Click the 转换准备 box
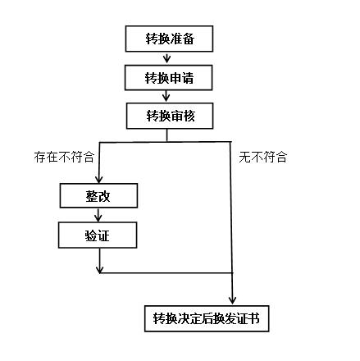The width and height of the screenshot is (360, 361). [x=169, y=39]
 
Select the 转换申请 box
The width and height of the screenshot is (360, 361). [x=168, y=78]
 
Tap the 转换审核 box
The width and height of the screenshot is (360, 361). [x=170, y=116]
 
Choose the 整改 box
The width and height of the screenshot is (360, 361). [x=98, y=195]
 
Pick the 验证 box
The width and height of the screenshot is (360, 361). [x=98, y=235]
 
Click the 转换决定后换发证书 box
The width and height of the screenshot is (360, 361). [x=207, y=318]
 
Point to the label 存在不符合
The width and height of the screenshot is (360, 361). [x=64, y=158]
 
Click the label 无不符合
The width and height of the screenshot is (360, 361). [x=263, y=158]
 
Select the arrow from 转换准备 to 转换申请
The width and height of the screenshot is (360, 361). [x=166, y=58]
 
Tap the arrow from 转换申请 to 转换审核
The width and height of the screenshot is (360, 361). [x=166, y=97]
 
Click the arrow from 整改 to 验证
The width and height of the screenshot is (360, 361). [x=98, y=215]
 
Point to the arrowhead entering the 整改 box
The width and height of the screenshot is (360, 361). [x=98, y=180]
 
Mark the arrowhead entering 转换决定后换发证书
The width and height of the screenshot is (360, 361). [x=232, y=300]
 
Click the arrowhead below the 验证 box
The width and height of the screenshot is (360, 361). [x=100, y=270]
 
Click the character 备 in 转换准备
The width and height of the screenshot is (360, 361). [x=189, y=39]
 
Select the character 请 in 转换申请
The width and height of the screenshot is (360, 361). [x=188, y=78]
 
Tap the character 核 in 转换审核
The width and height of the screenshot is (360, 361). [x=189, y=116]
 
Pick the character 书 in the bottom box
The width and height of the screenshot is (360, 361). [x=253, y=318]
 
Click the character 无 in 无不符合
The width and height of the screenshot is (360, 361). [x=245, y=158]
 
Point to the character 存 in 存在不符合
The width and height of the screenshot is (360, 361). [x=40, y=158]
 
